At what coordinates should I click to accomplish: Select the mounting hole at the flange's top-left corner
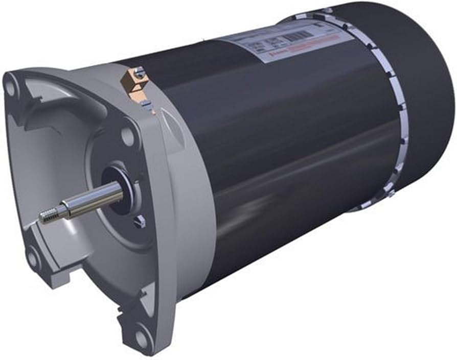(10, 85)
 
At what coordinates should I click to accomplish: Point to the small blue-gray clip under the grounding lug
(147, 105)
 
